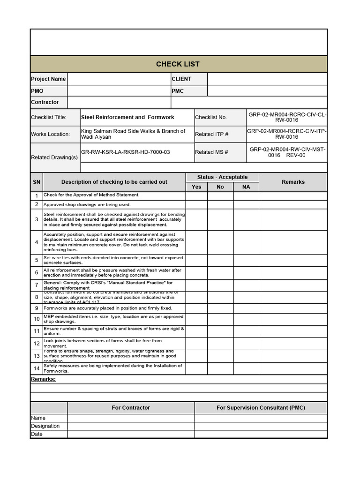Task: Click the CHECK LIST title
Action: click(x=178, y=64)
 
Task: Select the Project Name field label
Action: click(x=48, y=79)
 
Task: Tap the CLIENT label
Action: click(x=181, y=79)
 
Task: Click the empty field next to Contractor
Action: click(x=119, y=102)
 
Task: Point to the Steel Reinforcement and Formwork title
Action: click(x=127, y=117)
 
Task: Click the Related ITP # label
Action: click(x=211, y=134)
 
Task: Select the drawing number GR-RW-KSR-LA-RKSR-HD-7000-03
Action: click(x=126, y=152)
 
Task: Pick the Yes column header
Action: click(x=196, y=187)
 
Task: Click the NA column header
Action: click(x=246, y=187)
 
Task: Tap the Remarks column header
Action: click(x=293, y=182)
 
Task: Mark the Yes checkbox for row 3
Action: click(x=196, y=219)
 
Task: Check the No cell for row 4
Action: click(x=220, y=242)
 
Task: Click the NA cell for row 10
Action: click(x=246, y=319)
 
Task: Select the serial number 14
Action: click(x=37, y=368)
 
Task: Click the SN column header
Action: click(x=37, y=182)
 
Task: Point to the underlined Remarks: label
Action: click(x=43, y=379)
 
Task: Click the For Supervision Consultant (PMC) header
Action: click(x=261, y=408)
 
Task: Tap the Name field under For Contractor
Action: click(x=131, y=418)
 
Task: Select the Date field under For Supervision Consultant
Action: click(x=261, y=434)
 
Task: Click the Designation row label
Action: click(x=45, y=426)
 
